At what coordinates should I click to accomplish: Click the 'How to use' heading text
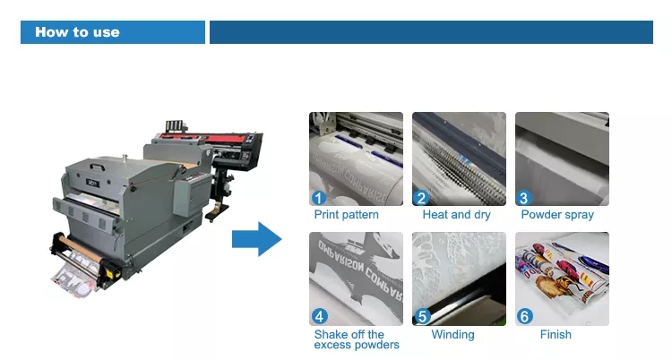pyautogui.click(x=77, y=32)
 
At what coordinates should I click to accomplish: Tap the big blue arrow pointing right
pyautogui.click(x=257, y=239)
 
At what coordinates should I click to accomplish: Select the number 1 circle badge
pyautogui.click(x=318, y=198)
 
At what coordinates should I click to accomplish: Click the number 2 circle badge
pyautogui.click(x=421, y=198)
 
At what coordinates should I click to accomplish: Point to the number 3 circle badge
pyautogui.click(x=524, y=198)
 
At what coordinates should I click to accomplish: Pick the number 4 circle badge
pyautogui.click(x=319, y=317)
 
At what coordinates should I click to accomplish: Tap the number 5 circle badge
pyautogui.click(x=422, y=317)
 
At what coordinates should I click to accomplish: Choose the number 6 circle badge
pyautogui.click(x=525, y=317)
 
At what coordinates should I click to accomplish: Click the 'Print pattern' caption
pyautogui.click(x=346, y=215)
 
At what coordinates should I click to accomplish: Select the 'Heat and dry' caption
pyautogui.click(x=456, y=215)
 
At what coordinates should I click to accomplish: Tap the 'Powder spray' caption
pyautogui.click(x=557, y=215)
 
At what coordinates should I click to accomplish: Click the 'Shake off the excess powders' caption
pyautogui.click(x=357, y=339)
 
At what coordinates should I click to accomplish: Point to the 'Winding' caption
pyautogui.click(x=453, y=335)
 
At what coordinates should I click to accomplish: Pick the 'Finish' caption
pyautogui.click(x=556, y=334)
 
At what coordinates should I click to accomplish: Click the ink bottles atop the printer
pyautogui.click(x=176, y=126)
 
